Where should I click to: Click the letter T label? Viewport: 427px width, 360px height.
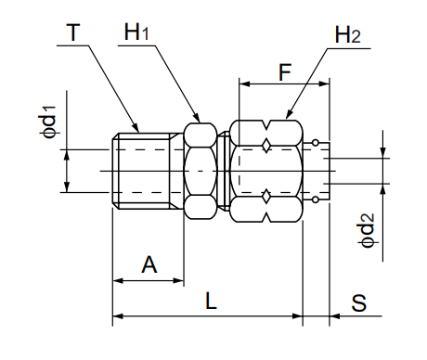[73, 34]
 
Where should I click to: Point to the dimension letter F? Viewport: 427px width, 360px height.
[284, 71]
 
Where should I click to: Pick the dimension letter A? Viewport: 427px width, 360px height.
[149, 265]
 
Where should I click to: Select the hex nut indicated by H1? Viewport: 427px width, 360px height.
[201, 170]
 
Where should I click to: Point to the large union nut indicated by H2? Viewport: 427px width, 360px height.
[267, 170]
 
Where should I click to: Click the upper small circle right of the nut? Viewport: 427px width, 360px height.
[317, 143]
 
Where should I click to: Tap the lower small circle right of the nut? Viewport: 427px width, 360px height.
[317, 197]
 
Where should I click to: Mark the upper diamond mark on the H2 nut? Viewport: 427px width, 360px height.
[267, 146]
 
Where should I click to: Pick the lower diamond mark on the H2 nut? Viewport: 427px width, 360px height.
[267, 195]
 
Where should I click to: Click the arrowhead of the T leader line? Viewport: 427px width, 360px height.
[138, 129]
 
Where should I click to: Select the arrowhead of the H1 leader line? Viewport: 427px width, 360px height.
[198, 118]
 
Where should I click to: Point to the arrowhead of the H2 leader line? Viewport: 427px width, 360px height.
[288, 117]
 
